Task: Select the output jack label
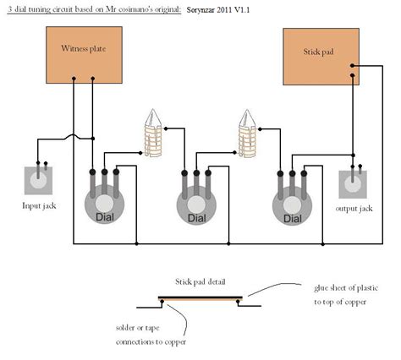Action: [354, 208]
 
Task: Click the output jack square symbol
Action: [354, 185]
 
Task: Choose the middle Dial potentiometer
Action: [196, 205]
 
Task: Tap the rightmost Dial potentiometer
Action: [292, 205]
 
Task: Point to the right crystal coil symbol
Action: [248, 133]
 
